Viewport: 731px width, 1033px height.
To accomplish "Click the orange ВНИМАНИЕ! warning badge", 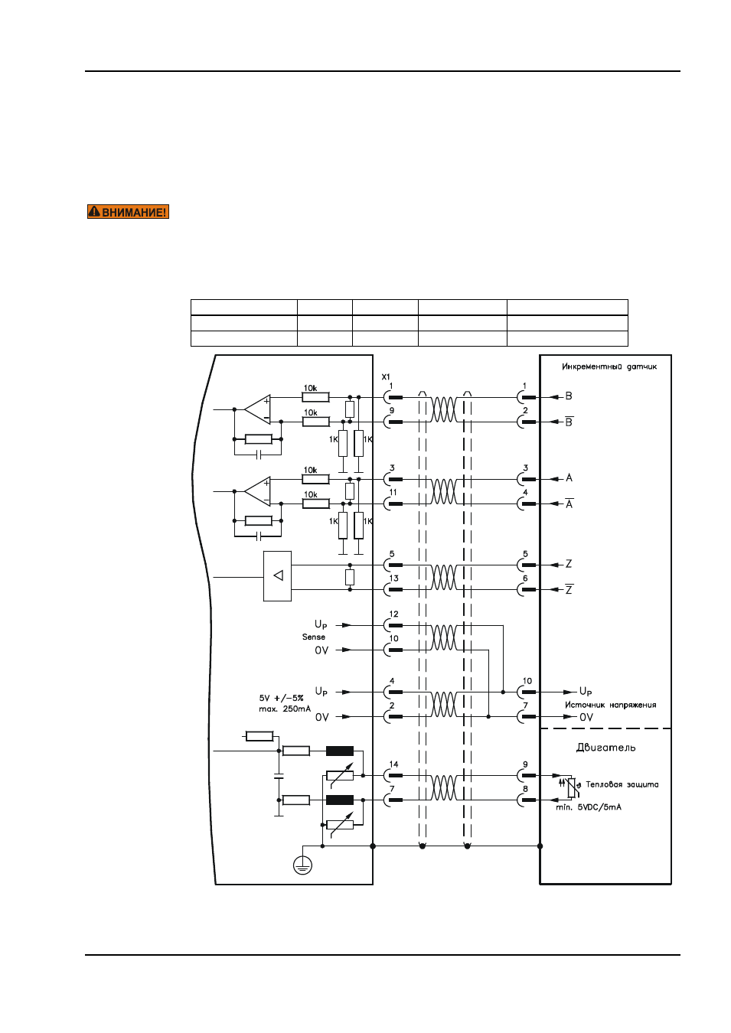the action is pyautogui.click(x=129, y=212).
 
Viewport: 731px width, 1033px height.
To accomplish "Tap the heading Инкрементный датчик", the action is pyautogui.click(x=609, y=367).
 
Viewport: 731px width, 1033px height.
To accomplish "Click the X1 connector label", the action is pyautogui.click(x=386, y=376).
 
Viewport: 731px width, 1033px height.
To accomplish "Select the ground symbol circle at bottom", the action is pyautogui.click(x=302, y=865).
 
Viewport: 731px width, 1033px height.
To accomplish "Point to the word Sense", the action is pyautogui.click(x=314, y=637).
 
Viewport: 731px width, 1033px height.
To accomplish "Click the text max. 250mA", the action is pyautogui.click(x=285, y=709).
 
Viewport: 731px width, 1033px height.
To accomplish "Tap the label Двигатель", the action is pyautogui.click(x=605, y=748).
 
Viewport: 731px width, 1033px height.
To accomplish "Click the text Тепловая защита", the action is pyautogui.click(x=622, y=784).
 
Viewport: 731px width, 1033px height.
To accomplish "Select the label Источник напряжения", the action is pyautogui.click(x=611, y=705).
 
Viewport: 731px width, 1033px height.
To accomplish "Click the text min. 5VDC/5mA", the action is pyautogui.click(x=589, y=807).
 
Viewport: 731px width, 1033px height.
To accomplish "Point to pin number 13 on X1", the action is pyautogui.click(x=394, y=578).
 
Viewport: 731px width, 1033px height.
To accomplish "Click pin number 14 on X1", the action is pyautogui.click(x=394, y=764).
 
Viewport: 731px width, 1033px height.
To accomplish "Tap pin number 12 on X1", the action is pyautogui.click(x=394, y=614).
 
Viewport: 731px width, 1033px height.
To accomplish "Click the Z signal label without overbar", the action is pyautogui.click(x=569, y=563).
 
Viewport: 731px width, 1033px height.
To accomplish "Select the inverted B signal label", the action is pyautogui.click(x=569, y=422).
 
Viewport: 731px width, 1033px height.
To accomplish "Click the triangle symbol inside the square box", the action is pyautogui.click(x=278, y=575).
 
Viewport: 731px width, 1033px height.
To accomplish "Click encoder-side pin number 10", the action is pyautogui.click(x=527, y=681).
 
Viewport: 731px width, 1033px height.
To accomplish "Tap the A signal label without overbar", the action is pyautogui.click(x=569, y=477).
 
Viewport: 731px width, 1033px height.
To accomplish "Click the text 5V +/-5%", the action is pyautogui.click(x=281, y=698).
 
